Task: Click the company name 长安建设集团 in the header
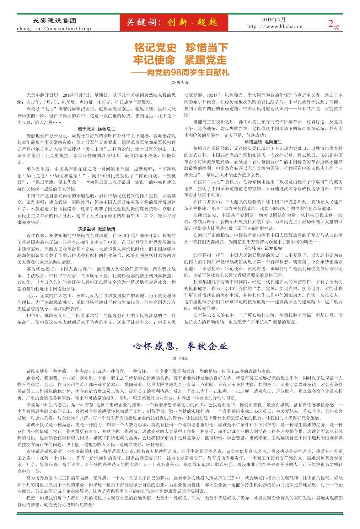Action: [54, 21]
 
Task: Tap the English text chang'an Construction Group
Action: [54, 28]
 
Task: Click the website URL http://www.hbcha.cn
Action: [275, 26]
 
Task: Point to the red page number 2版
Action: [333, 24]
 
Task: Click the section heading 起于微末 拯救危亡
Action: [96, 129]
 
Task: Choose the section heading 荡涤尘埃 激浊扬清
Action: [96, 229]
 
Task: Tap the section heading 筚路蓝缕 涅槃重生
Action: [263, 142]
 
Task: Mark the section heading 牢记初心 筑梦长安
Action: [263, 249]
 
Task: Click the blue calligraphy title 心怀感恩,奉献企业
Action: [180, 346]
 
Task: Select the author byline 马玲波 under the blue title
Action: [180, 359]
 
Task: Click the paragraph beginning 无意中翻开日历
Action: [96, 98]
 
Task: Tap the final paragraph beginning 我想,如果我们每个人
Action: [180, 501]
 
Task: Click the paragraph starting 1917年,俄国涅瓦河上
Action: [96, 319]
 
